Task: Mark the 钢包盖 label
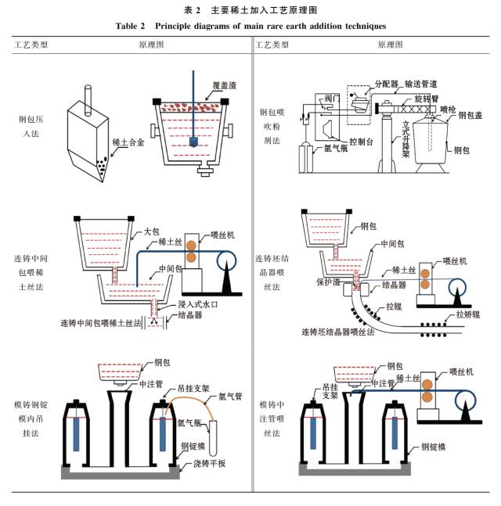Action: point(474,116)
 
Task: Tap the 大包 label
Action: point(153,232)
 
